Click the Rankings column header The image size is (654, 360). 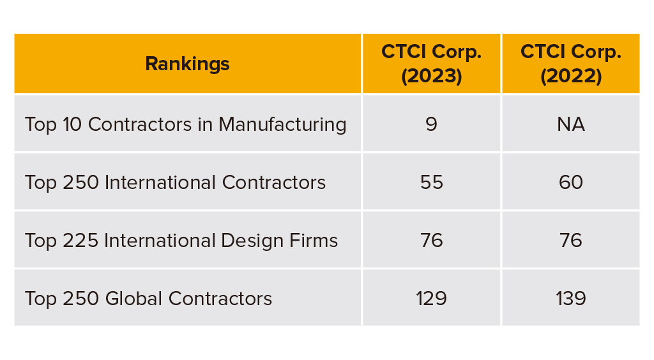187,64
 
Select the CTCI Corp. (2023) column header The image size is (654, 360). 431,64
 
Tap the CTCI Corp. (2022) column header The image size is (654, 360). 570,64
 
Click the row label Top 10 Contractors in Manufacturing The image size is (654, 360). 185,124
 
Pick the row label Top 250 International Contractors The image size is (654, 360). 175,183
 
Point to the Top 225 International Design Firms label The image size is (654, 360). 181,241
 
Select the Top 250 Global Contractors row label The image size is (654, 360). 148,299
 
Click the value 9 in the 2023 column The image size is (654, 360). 431,124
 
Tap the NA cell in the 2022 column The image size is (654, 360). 570,124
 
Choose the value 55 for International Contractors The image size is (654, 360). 431,183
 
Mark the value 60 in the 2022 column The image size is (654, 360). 570,183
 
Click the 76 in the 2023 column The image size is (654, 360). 431,241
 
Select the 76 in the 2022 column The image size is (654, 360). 570,241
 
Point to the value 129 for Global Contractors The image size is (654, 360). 431,299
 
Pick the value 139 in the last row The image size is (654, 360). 570,299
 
